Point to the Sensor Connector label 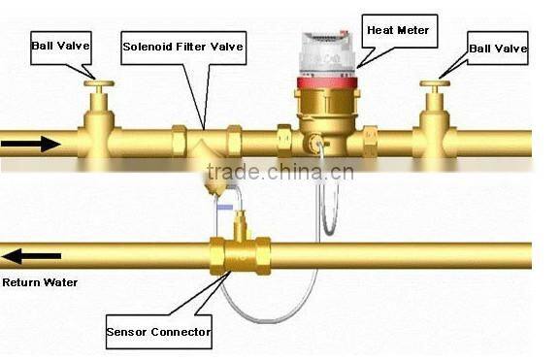click(157, 334)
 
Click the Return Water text click(40, 283)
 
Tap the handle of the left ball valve click(98, 85)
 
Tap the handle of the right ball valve click(434, 85)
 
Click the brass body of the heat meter click(323, 121)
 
